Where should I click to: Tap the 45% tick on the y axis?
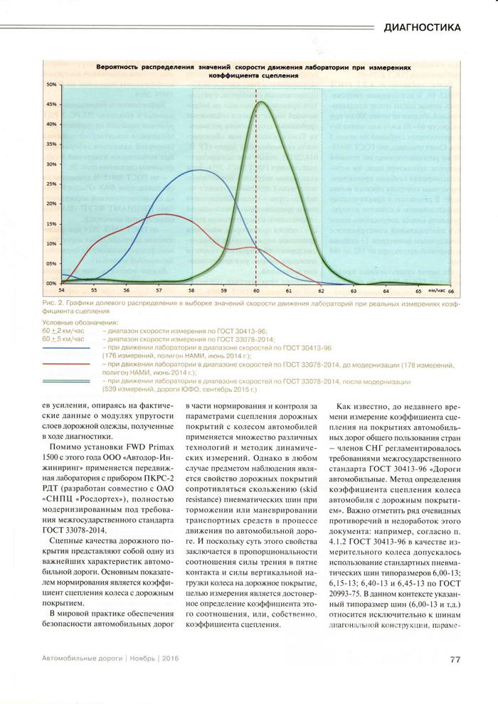pos(51,104)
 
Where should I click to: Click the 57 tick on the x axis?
pos(159,290)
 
